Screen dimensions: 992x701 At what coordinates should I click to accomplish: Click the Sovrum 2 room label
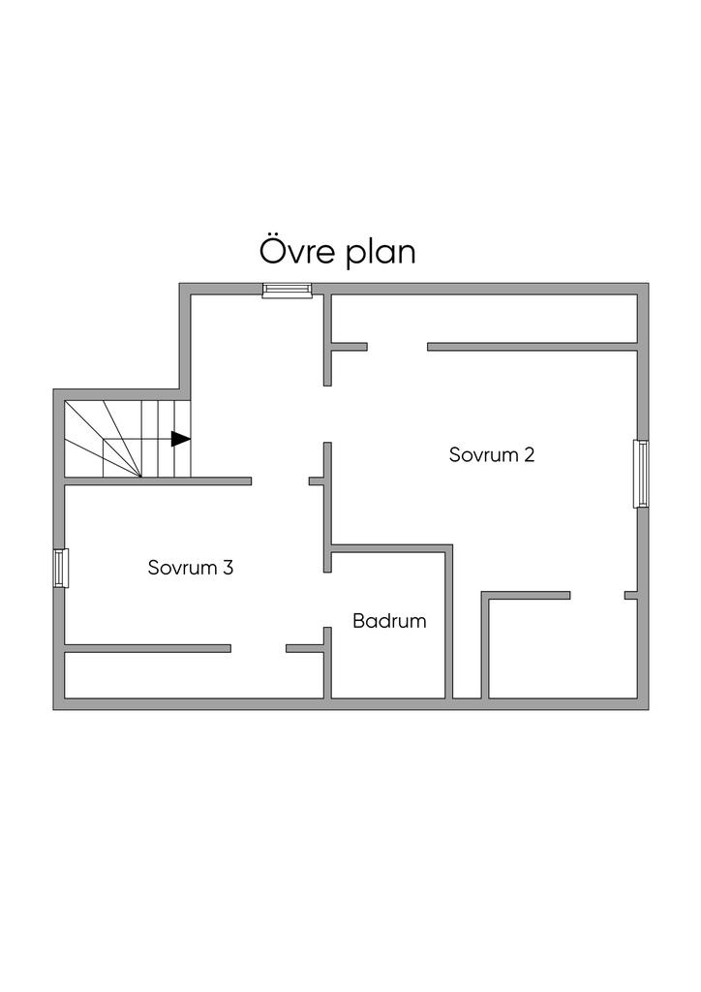click(x=492, y=454)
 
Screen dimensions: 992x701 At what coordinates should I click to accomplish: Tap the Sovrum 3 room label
click(x=191, y=568)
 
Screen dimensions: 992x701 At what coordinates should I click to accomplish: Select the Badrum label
click(x=389, y=621)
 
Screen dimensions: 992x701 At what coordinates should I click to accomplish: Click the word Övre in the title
click(x=295, y=252)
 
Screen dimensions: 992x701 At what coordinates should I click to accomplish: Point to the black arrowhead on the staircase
click(x=180, y=439)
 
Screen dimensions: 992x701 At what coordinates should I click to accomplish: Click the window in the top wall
click(x=288, y=289)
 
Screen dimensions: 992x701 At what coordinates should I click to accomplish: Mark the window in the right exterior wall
click(x=641, y=474)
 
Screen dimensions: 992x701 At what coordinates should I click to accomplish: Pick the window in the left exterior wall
click(x=60, y=568)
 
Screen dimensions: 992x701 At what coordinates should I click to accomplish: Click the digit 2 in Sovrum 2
click(x=529, y=454)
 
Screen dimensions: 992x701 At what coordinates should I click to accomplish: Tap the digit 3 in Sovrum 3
click(x=228, y=568)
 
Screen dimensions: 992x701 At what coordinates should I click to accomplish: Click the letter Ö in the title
click(x=273, y=250)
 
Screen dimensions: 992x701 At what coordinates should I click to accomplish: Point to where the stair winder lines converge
click(x=142, y=477)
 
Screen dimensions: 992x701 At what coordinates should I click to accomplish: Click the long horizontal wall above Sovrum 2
click(x=533, y=346)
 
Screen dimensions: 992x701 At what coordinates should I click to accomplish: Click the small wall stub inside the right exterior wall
click(x=630, y=594)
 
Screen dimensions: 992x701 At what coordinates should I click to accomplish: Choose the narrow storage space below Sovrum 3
click(x=194, y=674)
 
